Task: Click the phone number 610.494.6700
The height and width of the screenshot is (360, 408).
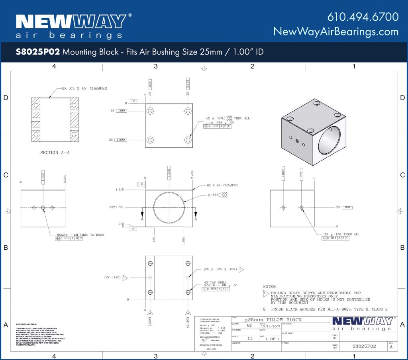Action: point(363,17)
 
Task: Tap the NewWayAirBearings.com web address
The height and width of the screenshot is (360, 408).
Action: point(336,31)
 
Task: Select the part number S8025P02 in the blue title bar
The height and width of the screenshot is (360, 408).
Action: point(38,52)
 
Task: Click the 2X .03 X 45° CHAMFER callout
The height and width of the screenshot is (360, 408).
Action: point(84,88)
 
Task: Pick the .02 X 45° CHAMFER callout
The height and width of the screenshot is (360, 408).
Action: point(222,185)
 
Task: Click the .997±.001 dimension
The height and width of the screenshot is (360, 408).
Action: point(116,207)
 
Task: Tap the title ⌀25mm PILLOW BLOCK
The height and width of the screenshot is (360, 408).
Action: point(273,320)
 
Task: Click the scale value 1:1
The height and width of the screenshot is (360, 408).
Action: point(250,338)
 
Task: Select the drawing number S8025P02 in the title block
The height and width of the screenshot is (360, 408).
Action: point(364,346)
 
